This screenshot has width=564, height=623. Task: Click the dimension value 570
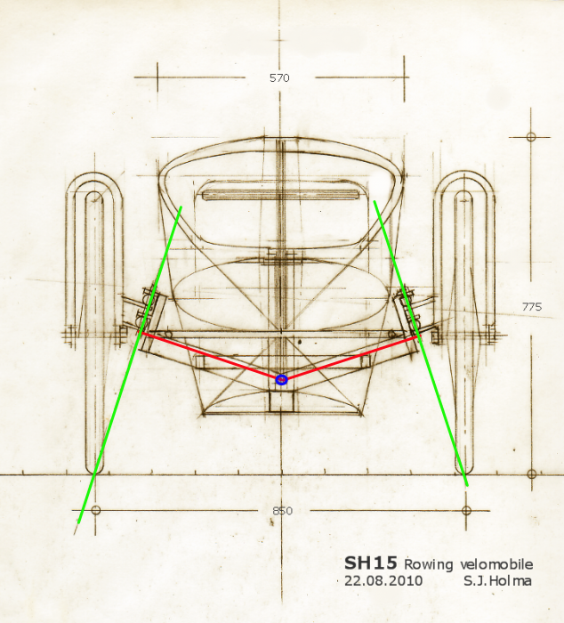(279, 77)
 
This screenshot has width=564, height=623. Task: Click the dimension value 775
(531, 306)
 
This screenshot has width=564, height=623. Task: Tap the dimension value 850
(282, 511)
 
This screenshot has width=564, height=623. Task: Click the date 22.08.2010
(383, 580)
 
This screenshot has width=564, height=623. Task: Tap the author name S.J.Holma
(498, 580)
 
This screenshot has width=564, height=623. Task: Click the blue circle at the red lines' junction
(281, 380)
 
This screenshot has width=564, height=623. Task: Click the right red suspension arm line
(351, 356)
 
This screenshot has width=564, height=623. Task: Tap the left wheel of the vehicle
(94, 320)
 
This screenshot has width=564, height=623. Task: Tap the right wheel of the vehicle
(463, 320)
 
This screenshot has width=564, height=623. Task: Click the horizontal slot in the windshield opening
(279, 194)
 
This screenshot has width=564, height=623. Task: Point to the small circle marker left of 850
(96, 510)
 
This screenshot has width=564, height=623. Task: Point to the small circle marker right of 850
(467, 510)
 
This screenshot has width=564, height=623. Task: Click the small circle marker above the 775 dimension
(531, 136)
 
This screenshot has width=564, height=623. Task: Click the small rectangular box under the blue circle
(281, 401)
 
